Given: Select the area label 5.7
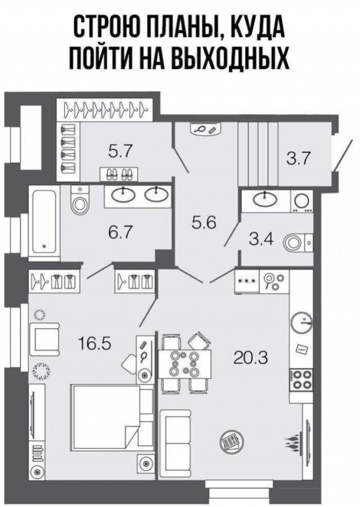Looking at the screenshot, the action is coord(120,151).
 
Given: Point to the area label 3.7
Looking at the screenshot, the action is coord(299,159).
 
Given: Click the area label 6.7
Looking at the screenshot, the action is coord(121,232).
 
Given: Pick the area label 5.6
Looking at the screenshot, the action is coord(204,222).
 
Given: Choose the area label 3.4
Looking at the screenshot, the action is coord(262,240).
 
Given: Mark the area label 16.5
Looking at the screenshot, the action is coord(94,343).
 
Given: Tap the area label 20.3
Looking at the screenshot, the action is coord(251,358).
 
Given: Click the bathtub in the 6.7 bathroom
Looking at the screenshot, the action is coord(44,223).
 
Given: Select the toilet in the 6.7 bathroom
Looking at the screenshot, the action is coord(79,201).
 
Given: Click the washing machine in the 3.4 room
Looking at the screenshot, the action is coord(302,201).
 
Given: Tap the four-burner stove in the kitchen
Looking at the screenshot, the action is coord(300,380).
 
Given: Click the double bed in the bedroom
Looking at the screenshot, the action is coord(112,418).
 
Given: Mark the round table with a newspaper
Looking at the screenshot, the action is coord(229,441).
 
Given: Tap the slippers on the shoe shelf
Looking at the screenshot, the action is coord(119,174).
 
